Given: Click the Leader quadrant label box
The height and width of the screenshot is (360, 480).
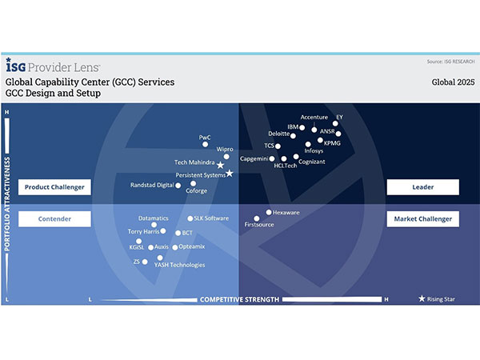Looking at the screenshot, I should coord(423,186).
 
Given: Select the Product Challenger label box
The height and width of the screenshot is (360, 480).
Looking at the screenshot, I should coord(54,186).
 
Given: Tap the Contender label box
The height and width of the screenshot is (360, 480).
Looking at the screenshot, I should coord(54,218).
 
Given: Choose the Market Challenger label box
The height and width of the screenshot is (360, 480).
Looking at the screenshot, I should coord(423,218).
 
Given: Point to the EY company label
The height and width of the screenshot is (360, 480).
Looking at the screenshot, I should coord(339,117).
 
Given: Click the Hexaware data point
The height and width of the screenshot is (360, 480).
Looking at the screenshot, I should coord(268,214).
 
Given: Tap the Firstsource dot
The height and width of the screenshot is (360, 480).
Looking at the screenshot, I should coord(257,218).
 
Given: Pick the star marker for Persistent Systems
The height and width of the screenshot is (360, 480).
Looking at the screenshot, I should coord(230,174).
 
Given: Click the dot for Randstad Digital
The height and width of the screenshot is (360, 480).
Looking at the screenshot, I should coord(178,185).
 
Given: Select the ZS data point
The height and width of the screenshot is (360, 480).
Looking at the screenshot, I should coord(145,262).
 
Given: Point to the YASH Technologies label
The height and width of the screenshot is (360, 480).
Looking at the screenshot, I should coord(179,265).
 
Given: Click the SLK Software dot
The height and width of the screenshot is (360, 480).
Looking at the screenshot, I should coord(190,218).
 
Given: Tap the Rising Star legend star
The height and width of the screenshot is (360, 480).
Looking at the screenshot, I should coord(422,299).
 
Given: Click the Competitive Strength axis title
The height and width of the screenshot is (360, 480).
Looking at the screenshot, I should coord(239,300).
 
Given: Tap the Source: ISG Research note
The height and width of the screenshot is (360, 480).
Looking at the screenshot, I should coord(450,61).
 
